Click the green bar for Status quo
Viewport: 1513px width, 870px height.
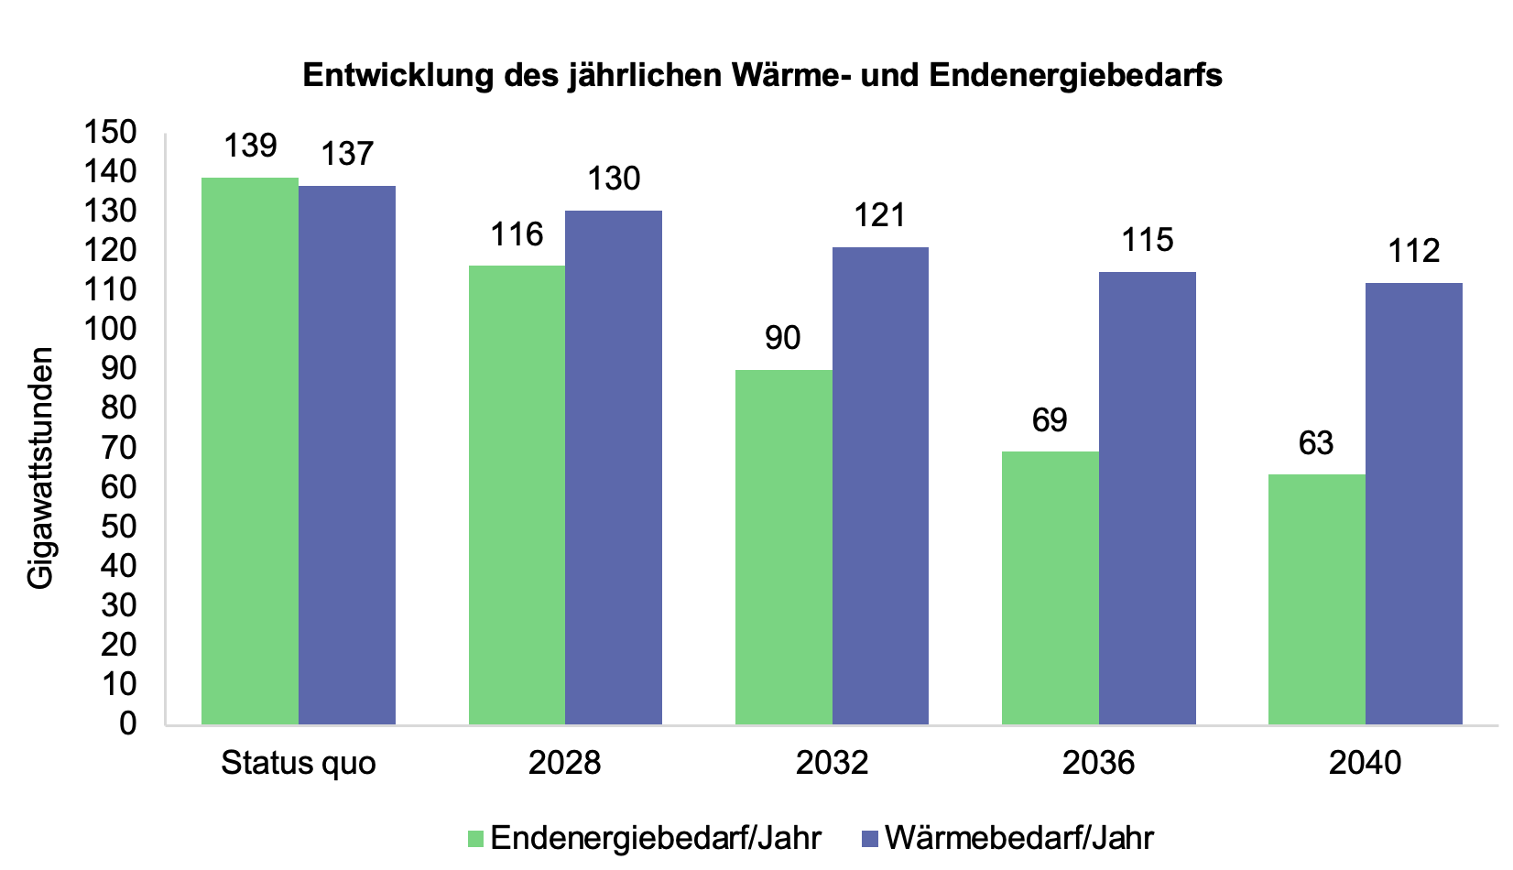(250, 451)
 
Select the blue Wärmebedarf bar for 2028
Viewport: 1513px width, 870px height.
(614, 467)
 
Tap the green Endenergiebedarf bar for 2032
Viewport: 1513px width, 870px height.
(784, 547)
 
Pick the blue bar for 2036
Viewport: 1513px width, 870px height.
(1147, 498)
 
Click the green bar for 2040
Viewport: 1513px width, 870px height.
(1316, 599)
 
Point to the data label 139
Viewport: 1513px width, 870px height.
(250, 146)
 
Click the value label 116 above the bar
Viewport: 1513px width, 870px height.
(517, 234)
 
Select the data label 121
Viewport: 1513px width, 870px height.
(879, 215)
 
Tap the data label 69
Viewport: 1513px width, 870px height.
(1050, 420)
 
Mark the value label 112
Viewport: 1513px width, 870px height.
(1413, 251)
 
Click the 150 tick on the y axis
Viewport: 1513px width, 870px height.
(111, 132)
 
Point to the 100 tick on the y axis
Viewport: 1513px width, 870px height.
(111, 329)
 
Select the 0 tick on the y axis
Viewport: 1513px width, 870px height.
(127, 723)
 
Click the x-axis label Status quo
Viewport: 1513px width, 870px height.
(299, 763)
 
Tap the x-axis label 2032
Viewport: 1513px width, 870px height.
(832, 763)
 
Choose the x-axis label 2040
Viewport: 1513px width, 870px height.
(1365, 763)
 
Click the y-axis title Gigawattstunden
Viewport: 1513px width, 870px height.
(40, 468)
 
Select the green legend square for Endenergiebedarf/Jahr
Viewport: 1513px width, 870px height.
(475, 838)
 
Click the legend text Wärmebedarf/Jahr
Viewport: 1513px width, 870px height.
(1019, 837)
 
